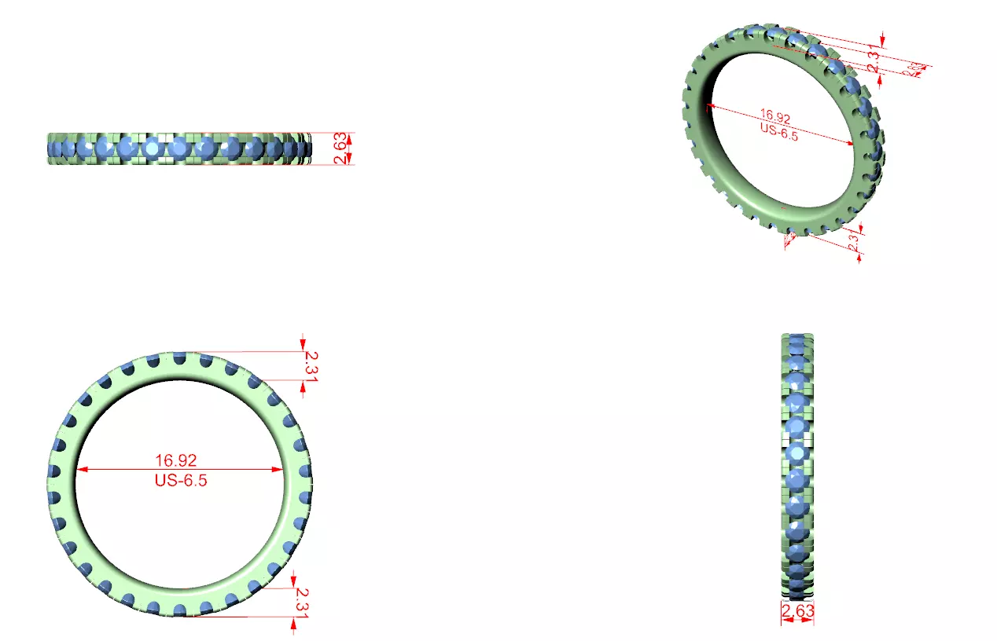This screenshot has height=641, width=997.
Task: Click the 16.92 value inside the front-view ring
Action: coord(175,460)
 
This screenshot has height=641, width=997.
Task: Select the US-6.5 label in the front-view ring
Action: coord(180,481)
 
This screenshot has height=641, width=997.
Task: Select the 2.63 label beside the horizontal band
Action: coord(340,148)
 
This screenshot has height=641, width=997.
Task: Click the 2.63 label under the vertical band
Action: coord(796,611)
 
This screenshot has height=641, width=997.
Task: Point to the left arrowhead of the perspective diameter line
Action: coord(712,106)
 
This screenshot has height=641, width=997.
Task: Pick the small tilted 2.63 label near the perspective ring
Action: coord(914,70)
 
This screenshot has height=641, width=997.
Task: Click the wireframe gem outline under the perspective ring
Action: coord(790,237)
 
